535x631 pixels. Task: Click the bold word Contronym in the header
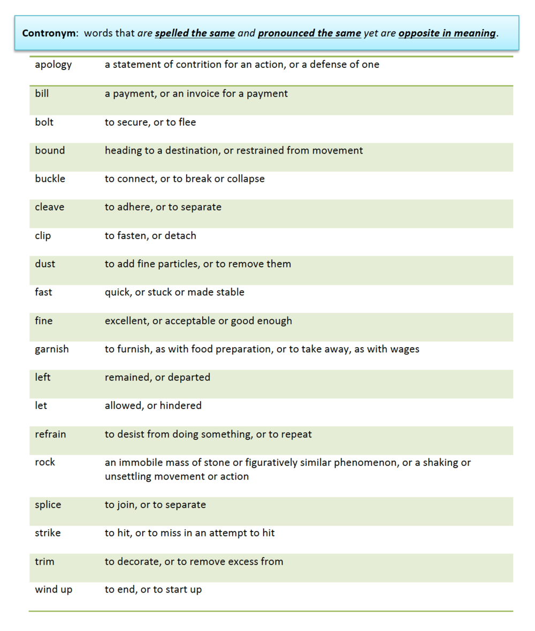pyautogui.click(x=46, y=33)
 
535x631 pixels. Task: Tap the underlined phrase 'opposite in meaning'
pyautogui.click(x=447, y=33)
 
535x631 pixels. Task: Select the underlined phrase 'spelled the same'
pyautogui.click(x=195, y=33)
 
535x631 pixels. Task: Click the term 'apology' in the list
pyautogui.click(x=53, y=65)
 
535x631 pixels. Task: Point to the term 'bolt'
pyautogui.click(x=44, y=122)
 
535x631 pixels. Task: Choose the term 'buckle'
pyautogui.click(x=50, y=179)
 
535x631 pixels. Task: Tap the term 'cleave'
pyautogui.click(x=49, y=207)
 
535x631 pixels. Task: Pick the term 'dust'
pyautogui.click(x=45, y=264)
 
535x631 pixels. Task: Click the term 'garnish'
pyautogui.click(x=52, y=350)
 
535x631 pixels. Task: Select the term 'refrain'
pyautogui.click(x=50, y=434)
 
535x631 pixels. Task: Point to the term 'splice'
pyautogui.click(x=48, y=505)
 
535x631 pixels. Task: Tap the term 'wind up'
pyautogui.click(x=53, y=590)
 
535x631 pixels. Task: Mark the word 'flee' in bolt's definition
pyautogui.click(x=187, y=122)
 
